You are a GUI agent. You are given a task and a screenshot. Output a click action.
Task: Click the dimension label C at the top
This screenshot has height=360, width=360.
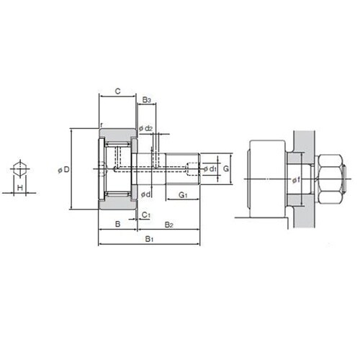pyautogui.click(x=117, y=91)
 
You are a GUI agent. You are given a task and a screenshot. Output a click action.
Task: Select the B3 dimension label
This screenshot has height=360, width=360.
pyautogui.click(x=146, y=100)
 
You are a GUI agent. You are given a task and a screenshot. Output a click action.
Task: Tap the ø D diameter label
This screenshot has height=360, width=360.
pyautogui.click(x=64, y=170)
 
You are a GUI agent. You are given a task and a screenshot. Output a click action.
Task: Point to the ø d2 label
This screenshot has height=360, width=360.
pyautogui.click(x=145, y=128)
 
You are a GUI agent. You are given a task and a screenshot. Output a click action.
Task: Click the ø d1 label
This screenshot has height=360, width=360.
pyautogui.click(x=210, y=169)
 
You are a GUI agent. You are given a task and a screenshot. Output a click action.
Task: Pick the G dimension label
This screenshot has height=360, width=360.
pyautogui.click(x=226, y=168)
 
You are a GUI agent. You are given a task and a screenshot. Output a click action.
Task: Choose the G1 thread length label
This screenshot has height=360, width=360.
pyautogui.click(x=183, y=195)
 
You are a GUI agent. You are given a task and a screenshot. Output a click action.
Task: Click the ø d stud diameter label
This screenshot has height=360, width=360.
pyautogui.click(x=145, y=194)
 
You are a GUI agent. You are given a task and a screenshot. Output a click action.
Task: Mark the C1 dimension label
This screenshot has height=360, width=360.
pyautogui.click(x=146, y=215)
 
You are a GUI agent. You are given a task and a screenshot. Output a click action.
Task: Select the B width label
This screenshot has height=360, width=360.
pyautogui.click(x=117, y=224)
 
